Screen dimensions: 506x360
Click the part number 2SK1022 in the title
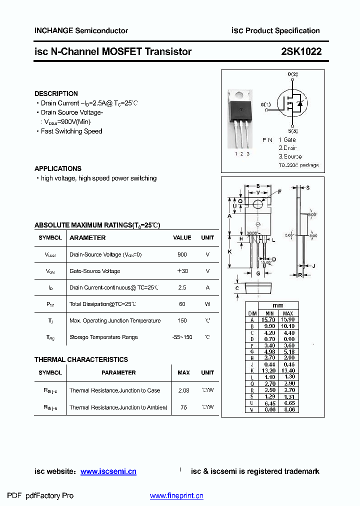301,51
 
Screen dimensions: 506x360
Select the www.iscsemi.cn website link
108,471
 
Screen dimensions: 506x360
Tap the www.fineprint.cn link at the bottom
176,496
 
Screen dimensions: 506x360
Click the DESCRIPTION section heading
56,93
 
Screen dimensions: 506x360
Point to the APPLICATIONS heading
58,168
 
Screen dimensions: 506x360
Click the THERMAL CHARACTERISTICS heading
81,359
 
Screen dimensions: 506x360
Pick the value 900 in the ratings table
182,254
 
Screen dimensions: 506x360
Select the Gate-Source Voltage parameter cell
94,271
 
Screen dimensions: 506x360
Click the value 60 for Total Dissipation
182,304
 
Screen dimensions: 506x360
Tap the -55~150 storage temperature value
182,337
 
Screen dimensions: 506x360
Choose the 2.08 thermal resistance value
183,390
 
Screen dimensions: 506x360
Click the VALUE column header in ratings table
182,238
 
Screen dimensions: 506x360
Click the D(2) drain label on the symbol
292,74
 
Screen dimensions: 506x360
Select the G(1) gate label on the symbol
265,104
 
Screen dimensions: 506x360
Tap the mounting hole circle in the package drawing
258,204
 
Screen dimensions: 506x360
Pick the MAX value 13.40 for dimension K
287,371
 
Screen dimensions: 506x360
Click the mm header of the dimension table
278,306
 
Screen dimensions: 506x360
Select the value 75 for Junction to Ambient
183,407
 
